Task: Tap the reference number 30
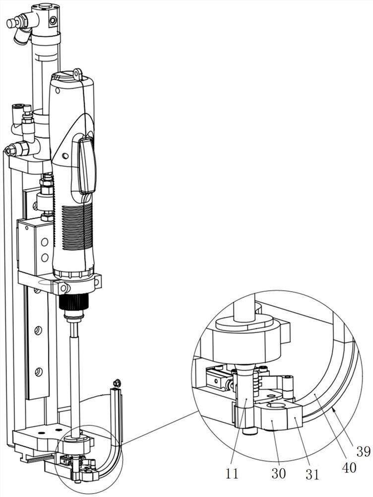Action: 279,473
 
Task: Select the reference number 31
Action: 312,474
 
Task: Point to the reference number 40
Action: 349,467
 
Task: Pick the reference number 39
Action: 363,451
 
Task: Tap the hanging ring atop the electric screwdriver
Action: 77,74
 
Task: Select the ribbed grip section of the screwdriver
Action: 77,227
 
